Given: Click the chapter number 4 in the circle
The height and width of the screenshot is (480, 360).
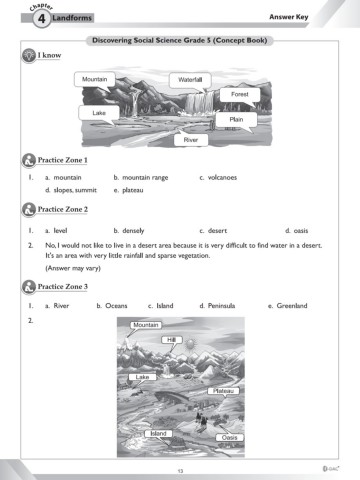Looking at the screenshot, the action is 41,18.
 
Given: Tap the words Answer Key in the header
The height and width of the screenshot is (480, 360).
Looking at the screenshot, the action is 289,17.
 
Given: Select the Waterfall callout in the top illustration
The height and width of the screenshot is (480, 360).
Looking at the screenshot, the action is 190,80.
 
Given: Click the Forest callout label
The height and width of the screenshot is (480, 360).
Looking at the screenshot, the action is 240,95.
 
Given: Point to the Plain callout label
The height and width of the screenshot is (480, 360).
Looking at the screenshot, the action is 236,119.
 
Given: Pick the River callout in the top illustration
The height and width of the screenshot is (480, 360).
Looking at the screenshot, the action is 191,140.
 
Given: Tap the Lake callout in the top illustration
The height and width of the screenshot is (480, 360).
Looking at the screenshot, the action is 99,113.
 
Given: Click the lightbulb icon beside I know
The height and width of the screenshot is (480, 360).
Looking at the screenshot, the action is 29,55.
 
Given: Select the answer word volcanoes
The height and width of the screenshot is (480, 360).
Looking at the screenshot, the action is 222,177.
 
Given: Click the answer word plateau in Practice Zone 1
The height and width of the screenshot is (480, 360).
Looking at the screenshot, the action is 133,190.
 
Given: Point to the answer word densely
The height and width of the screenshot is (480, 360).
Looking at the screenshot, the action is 133,231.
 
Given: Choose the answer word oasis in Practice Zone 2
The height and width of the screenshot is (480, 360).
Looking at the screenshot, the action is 301,231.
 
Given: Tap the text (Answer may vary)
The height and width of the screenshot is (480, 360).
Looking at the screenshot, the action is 73,268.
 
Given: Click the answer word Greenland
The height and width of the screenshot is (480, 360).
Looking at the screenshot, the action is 292,306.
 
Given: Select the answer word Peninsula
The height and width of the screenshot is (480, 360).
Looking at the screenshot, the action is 221,306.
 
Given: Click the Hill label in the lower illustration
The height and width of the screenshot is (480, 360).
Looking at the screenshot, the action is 172,340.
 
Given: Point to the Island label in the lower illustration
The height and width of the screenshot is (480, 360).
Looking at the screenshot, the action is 158,433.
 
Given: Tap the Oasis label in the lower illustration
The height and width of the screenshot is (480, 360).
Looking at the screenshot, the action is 229,437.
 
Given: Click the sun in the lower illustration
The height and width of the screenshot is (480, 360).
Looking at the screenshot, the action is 190,344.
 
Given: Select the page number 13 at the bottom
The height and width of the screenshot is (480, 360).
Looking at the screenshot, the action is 180,471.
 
